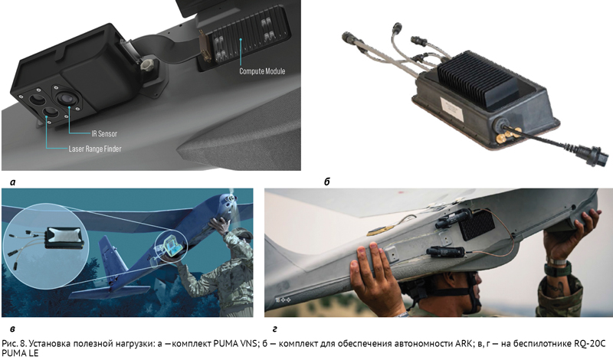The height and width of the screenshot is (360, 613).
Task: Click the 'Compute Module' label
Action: coord(262,71)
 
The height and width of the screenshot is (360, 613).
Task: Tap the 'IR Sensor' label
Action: coord(104,134)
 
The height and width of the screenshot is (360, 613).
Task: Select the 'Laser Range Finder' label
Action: coord(94,149)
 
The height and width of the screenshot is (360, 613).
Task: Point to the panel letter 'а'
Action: coord(12,182)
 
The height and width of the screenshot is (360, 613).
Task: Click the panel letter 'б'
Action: coord(327,182)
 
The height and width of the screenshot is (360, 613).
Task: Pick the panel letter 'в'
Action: coord(12,329)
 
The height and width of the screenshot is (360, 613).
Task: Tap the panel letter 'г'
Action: coord(275,329)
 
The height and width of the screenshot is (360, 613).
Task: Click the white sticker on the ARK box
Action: coord(453,108)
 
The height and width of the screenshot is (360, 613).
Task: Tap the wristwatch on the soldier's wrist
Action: coord(558,267)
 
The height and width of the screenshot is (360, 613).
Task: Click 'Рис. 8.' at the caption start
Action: coord(14,344)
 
